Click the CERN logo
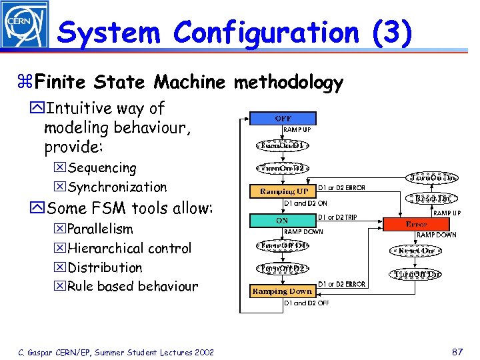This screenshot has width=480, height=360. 24,24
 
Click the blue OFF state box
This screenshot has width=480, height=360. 283,119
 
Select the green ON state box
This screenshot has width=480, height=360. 282,219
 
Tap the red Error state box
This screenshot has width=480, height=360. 417,225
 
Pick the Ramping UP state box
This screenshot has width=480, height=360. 282,192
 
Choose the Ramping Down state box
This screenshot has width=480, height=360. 282,291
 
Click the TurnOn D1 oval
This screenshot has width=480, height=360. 282,145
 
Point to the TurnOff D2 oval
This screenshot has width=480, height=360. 282,268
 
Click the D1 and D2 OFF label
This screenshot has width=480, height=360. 307,303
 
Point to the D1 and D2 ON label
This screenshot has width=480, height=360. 306,204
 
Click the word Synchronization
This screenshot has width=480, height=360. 117,187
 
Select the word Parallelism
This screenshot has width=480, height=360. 101,229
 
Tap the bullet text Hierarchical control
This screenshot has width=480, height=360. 129,249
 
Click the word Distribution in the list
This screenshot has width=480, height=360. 105,268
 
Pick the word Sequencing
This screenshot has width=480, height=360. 102,168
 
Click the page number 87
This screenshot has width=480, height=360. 457,351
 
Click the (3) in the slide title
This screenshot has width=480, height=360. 389,32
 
